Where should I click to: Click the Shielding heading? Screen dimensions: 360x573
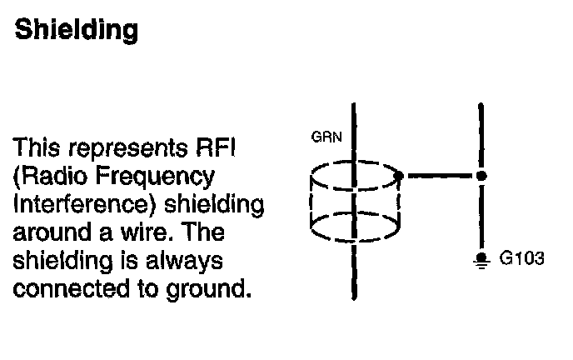click(x=76, y=31)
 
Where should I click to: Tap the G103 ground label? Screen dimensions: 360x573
click(x=522, y=259)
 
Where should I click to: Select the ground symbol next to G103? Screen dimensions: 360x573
click(x=481, y=261)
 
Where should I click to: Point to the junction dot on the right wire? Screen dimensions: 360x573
click(x=481, y=176)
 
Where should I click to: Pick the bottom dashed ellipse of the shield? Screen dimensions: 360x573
click(x=355, y=223)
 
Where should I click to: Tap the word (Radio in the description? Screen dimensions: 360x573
click(x=52, y=177)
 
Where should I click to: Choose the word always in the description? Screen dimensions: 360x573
click(x=186, y=262)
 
